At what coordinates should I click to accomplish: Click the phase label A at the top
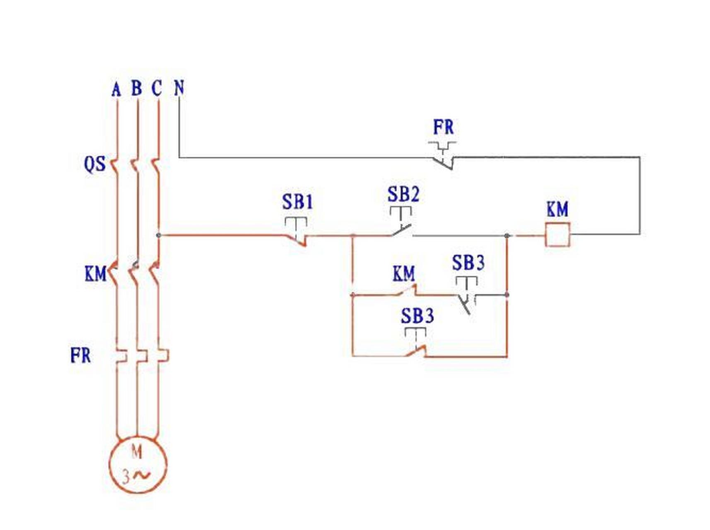click(116, 89)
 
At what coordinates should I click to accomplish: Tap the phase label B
click(137, 88)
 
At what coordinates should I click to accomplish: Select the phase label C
click(157, 88)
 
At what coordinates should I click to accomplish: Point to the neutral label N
click(179, 88)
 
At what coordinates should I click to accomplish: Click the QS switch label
click(95, 164)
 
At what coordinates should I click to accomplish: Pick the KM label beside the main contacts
click(95, 274)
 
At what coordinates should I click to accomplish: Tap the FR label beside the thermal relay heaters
click(80, 355)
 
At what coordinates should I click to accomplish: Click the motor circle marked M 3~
click(138, 465)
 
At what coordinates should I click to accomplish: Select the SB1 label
click(297, 202)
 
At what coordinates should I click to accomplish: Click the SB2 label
click(403, 194)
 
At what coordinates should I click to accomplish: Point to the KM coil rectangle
click(557, 234)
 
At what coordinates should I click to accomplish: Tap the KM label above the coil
click(557, 210)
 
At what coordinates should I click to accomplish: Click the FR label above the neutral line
click(443, 127)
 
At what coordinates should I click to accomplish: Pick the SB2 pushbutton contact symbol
click(401, 222)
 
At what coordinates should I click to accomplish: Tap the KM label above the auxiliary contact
click(403, 274)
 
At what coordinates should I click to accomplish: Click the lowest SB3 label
click(417, 316)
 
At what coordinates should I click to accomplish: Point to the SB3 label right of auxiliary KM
click(468, 263)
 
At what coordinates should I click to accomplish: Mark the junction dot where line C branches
click(158, 235)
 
